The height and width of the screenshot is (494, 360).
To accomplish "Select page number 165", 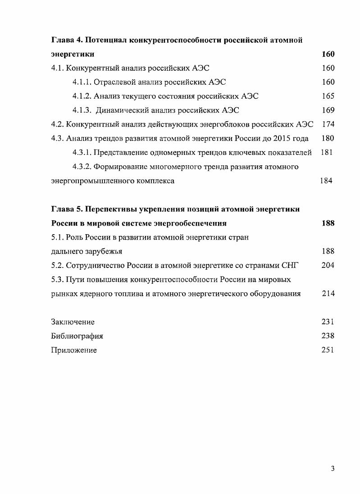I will coord(328,96).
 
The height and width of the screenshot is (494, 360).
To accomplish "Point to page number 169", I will coord(328,110).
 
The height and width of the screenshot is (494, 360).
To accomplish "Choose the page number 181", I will coord(327,153).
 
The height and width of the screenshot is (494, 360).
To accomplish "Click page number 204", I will coord(328,266).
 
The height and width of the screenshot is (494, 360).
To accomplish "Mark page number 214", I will coord(328,294).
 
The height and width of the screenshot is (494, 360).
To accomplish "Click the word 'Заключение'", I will coord(73,322).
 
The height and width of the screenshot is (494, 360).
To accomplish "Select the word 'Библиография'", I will coord(77,336).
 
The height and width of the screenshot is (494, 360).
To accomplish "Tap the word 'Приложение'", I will coord(74,350).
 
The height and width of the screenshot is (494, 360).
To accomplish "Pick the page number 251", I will coord(328,350).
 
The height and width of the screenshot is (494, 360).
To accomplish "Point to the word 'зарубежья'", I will coord(106,252).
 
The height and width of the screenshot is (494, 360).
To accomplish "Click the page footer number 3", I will coord(333,469).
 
